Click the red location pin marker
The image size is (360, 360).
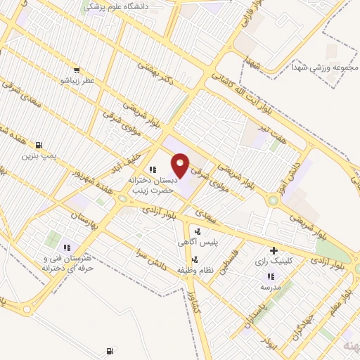coord(181,165)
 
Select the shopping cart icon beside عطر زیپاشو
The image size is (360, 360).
coord(76,70)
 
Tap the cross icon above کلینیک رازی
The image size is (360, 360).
coord(274,250)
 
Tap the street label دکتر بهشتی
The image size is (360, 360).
coord(155,71)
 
